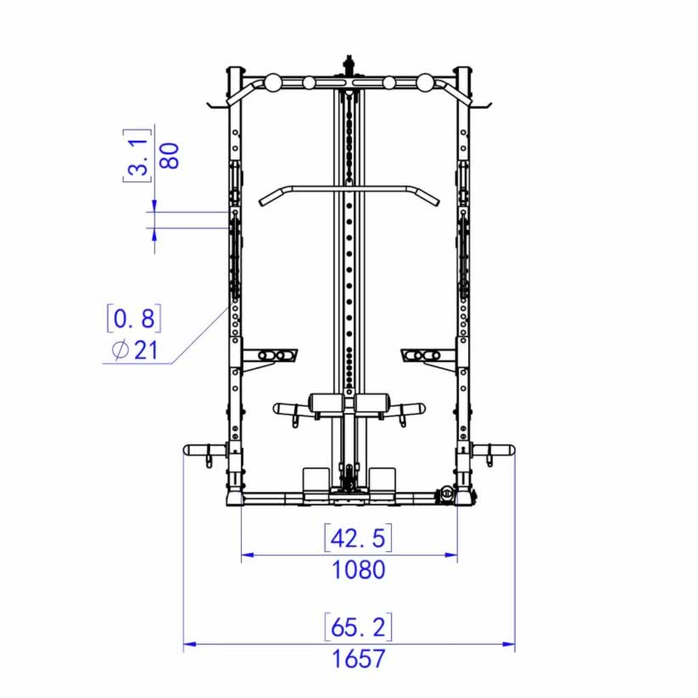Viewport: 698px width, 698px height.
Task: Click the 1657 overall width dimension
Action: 359,659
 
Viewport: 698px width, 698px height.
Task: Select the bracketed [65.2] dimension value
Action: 359,628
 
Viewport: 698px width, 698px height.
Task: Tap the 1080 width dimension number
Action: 359,570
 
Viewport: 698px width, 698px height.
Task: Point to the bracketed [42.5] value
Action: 359,539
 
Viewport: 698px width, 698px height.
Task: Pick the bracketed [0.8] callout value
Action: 134,318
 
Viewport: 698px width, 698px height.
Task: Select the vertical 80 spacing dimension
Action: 170,156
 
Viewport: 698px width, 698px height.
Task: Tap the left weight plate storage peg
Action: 205,450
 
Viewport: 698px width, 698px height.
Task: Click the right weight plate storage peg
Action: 493,450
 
